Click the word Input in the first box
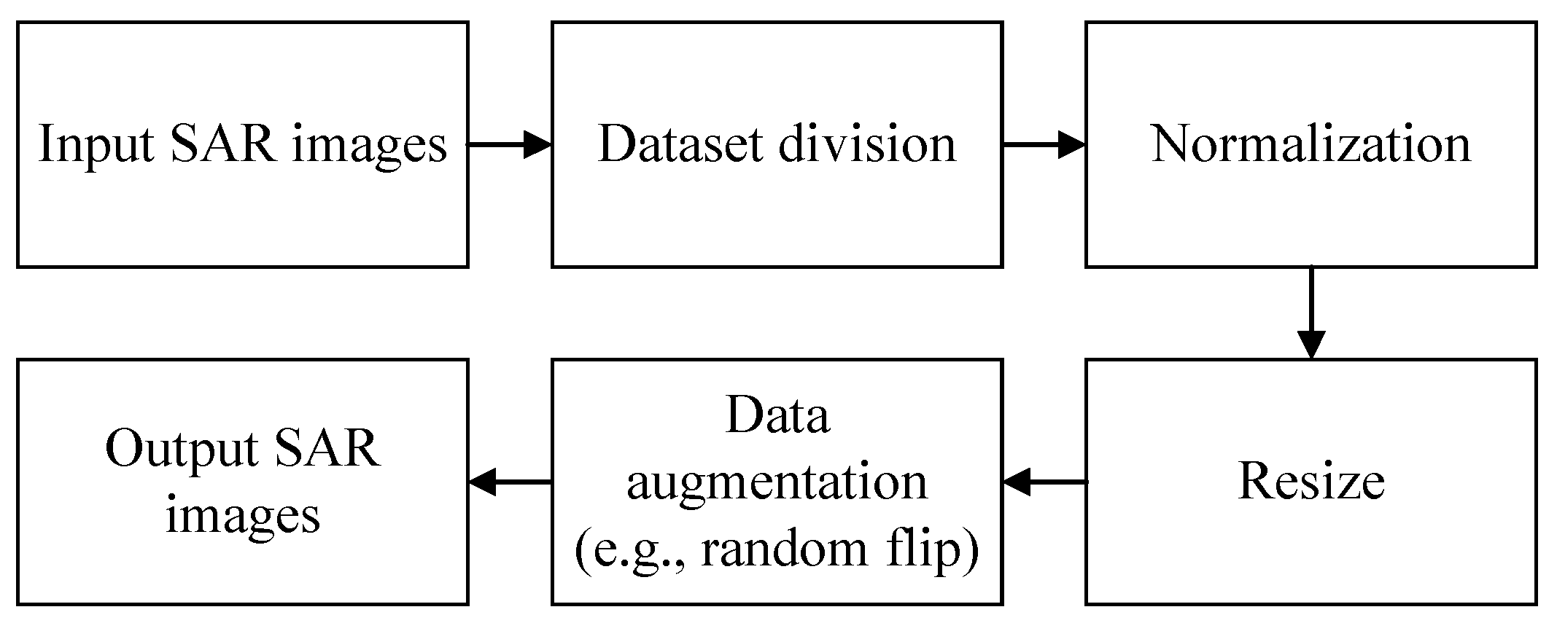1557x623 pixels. coord(96,144)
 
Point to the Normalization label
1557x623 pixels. coord(1311,144)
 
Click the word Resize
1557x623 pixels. coord(1311,482)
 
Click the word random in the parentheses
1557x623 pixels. coord(784,550)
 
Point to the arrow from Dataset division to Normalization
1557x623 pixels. coord(1044,144)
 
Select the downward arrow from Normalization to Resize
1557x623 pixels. coord(1311,313)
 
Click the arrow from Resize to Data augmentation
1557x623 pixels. coord(1044,482)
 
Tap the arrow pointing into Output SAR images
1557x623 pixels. coord(509,482)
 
